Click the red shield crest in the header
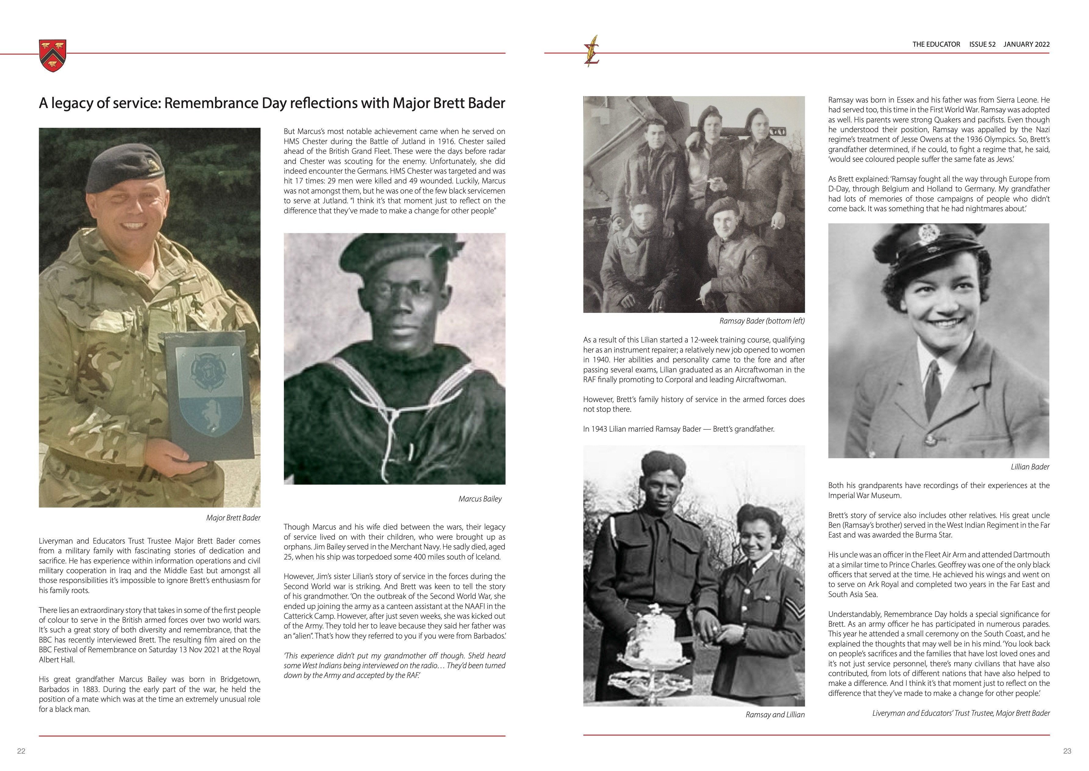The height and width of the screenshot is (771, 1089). (x=53, y=56)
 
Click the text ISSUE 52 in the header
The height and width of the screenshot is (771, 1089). (x=982, y=44)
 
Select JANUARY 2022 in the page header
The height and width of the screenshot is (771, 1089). (x=1027, y=44)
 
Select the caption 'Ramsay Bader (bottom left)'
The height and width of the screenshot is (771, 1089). (x=762, y=321)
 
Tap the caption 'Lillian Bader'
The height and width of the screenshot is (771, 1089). (x=1030, y=467)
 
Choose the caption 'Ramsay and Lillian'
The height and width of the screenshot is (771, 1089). (x=775, y=715)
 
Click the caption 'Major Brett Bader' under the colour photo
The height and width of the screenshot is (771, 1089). (x=233, y=517)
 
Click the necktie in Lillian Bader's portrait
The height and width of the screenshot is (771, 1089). (x=933, y=385)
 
